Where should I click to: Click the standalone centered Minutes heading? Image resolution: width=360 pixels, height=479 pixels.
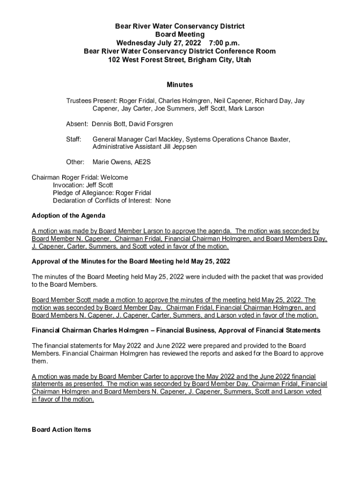coord(180,85)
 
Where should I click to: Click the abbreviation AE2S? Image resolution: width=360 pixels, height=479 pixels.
coord(142,162)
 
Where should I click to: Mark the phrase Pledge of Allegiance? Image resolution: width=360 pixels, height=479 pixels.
coord(84,193)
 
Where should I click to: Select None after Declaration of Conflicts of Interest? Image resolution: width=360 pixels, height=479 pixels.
coord(163,200)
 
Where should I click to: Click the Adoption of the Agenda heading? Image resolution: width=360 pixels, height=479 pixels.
coord(68,216)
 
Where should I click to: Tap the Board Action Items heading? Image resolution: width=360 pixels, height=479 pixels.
coord(61,429)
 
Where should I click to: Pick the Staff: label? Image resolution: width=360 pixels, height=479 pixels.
coord(74,139)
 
